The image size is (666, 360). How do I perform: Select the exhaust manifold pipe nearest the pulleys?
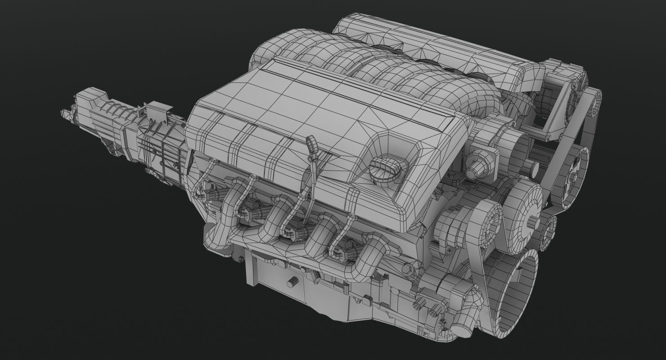tap(369, 256)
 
